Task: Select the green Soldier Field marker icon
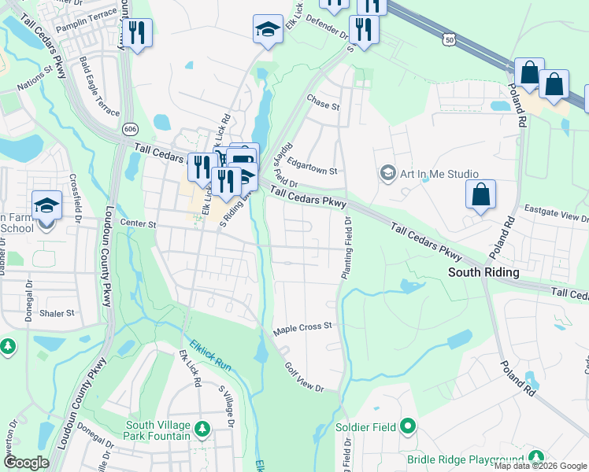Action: point(407,426)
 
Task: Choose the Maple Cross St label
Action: point(303,325)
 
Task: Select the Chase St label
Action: point(323,105)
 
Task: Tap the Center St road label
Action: point(139,223)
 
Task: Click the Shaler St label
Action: point(57,312)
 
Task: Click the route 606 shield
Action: point(129,127)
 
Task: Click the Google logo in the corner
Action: point(26,463)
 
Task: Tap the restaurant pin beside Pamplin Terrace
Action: point(138,33)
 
